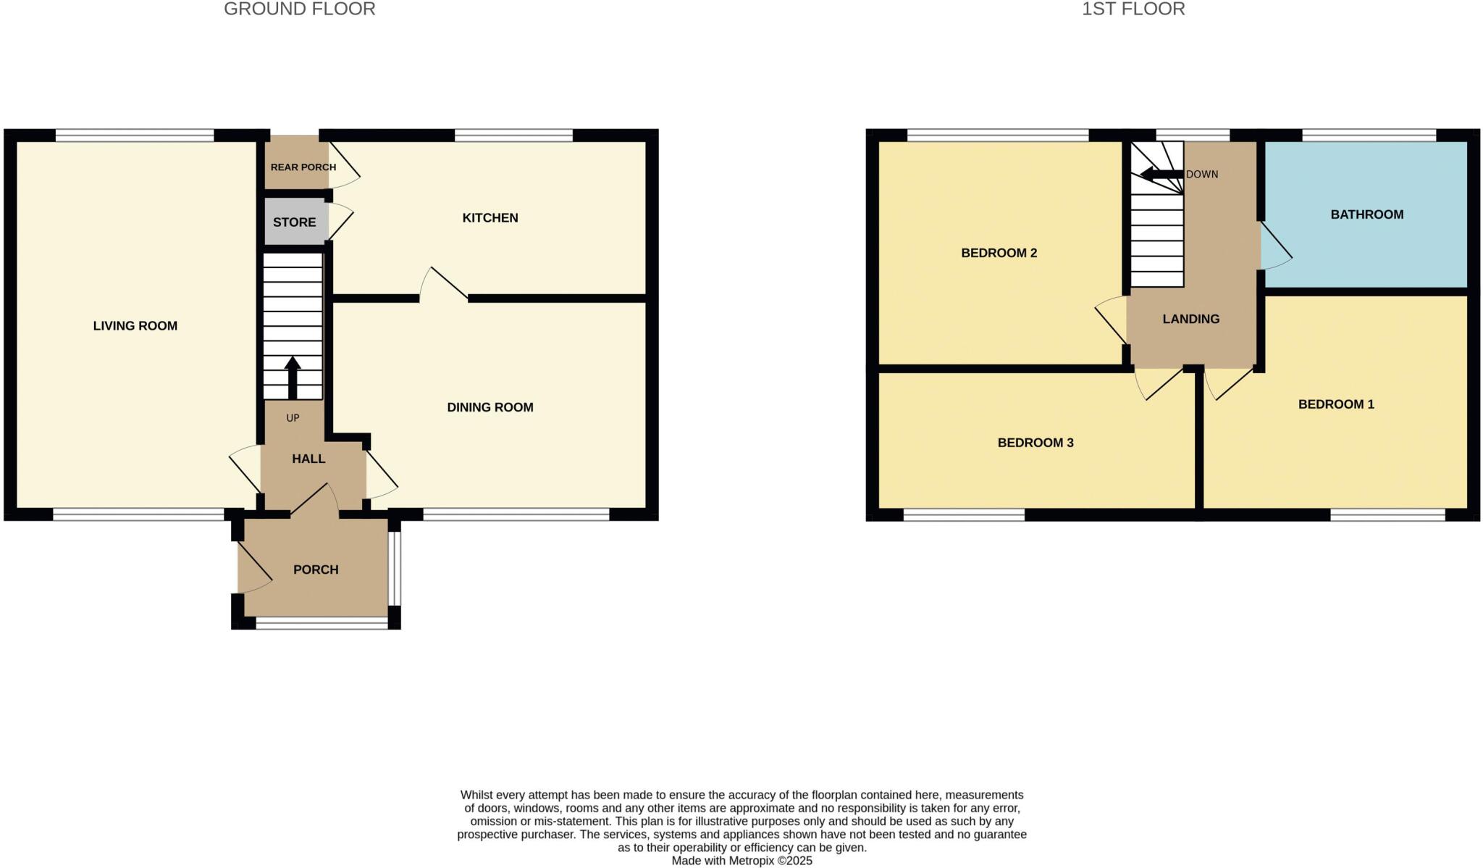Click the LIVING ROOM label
pyautogui.click(x=135, y=326)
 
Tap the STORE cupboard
pyautogui.click(x=294, y=222)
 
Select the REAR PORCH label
pyautogui.click(x=303, y=167)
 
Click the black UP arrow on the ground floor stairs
pyautogui.click(x=293, y=377)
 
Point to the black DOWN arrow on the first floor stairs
pyautogui.click(x=1161, y=175)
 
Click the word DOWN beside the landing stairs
pyautogui.click(x=1202, y=175)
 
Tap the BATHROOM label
pyautogui.click(x=1366, y=214)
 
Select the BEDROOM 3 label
pyautogui.click(x=1035, y=443)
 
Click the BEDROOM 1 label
pyautogui.click(x=1335, y=404)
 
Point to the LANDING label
pyautogui.click(x=1190, y=319)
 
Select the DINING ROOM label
pyautogui.click(x=490, y=407)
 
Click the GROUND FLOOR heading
pyautogui.click(x=299, y=9)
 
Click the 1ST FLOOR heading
pyautogui.click(x=1133, y=9)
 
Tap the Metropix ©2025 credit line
pyautogui.click(x=741, y=861)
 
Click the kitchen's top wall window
pyautogui.click(x=513, y=135)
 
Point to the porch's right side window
pyautogui.click(x=394, y=569)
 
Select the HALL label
pyautogui.click(x=308, y=459)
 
